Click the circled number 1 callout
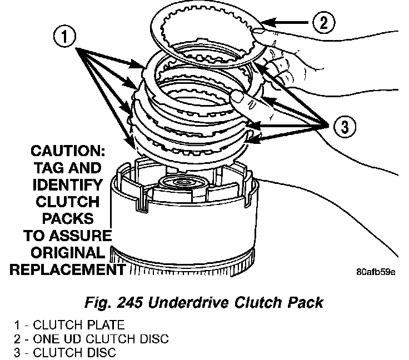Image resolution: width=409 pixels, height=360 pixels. [64, 37]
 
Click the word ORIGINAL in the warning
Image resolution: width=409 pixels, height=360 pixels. [68, 253]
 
